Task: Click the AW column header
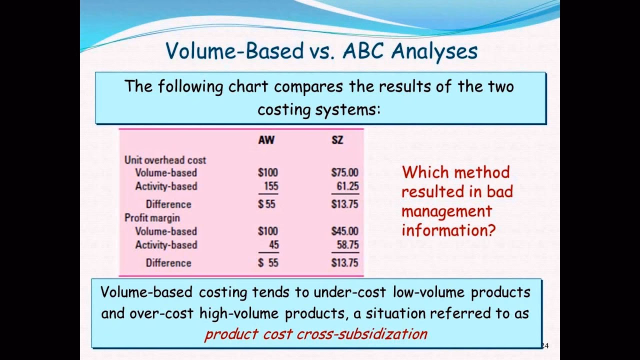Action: coord(266,140)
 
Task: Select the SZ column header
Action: coord(337,140)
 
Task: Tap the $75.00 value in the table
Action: coord(344,173)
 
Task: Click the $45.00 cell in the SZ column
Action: coord(344,231)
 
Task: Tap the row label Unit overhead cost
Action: coord(165,160)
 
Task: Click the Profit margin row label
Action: coord(152,218)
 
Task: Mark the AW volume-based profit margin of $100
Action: coord(267,231)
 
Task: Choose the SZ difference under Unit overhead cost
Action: coord(344,204)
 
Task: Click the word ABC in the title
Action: coord(363,51)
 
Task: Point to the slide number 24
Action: coord(545,345)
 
